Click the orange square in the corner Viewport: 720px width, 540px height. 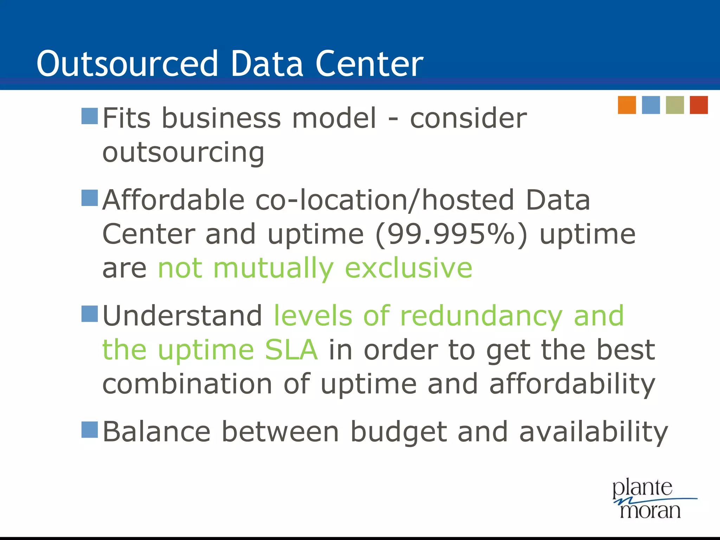[627, 105]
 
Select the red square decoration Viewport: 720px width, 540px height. [699, 105]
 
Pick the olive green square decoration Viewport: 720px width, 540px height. [675, 105]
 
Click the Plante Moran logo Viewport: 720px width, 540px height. [650, 499]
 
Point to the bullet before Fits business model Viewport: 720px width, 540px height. [89, 116]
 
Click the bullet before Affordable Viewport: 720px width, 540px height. [89, 198]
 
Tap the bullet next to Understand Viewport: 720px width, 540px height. [89, 314]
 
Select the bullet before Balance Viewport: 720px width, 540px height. [89, 430]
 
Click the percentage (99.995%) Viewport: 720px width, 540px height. [452, 234]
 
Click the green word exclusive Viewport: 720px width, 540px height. [409, 268]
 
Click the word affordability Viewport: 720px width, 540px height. [572, 385]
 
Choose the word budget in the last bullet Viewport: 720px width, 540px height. [399, 432]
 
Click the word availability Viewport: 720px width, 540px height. [593, 432]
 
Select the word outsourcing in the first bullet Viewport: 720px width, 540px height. [183, 153]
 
